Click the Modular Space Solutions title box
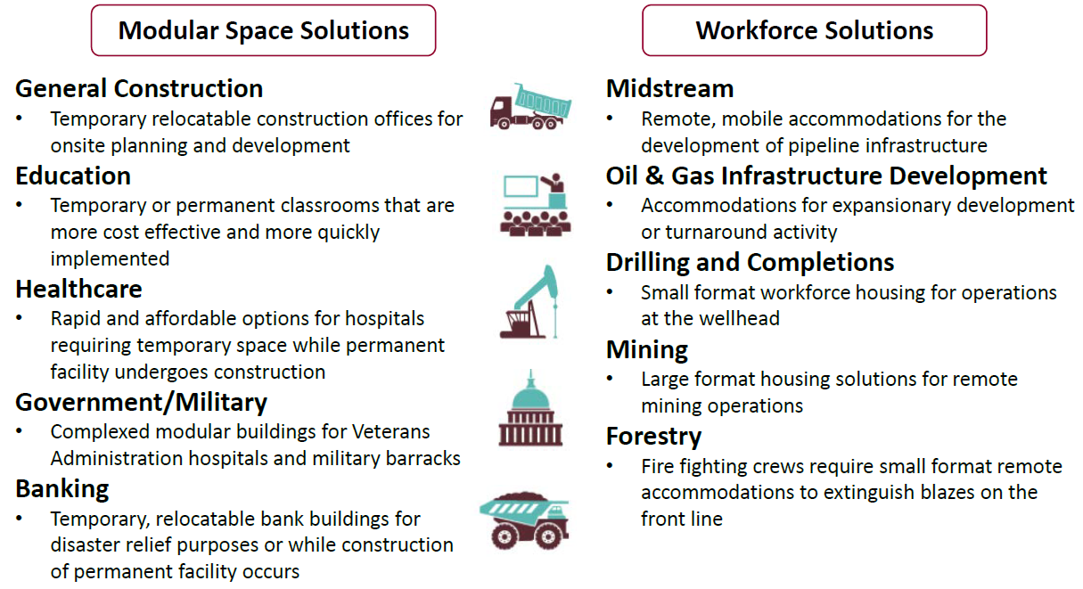[x=264, y=30]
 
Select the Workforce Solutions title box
[x=814, y=30]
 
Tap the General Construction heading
[x=139, y=89]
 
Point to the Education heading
[x=73, y=176]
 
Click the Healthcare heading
[x=78, y=289]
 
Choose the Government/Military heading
[x=141, y=403]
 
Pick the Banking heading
[x=62, y=489]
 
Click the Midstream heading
[x=670, y=89]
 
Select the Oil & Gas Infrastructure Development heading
[x=827, y=176]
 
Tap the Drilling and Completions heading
[x=751, y=263]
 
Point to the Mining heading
[x=647, y=350]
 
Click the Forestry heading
[x=653, y=437]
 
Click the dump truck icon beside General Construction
[x=531, y=106]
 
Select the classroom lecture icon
[x=535, y=205]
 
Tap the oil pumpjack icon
[x=529, y=301]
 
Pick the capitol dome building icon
[x=531, y=408]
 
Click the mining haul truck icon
[x=525, y=521]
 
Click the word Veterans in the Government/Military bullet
[x=390, y=432]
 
